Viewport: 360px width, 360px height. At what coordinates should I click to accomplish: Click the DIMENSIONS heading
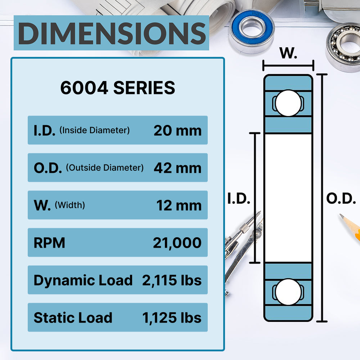(x=111, y=33)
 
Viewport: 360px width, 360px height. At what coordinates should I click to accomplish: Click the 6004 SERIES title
(x=118, y=88)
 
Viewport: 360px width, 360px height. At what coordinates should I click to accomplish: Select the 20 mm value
(x=177, y=130)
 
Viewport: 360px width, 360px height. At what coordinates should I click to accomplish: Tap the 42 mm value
(x=177, y=168)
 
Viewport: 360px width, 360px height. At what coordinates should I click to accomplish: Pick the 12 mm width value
(x=179, y=205)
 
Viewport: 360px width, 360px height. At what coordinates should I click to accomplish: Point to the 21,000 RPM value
(x=177, y=243)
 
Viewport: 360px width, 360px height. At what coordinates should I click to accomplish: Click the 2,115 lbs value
(x=172, y=280)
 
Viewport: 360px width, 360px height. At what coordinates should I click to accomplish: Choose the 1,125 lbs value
(x=172, y=318)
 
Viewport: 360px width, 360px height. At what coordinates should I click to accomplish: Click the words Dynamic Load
(x=83, y=280)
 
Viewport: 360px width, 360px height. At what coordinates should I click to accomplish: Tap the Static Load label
(x=73, y=318)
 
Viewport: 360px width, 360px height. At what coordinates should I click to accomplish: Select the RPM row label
(x=49, y=243)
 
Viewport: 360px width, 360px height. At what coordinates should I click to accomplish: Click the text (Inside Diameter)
(x=94, y=130)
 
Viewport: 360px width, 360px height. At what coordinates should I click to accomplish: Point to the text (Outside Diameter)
(x=105, y=168)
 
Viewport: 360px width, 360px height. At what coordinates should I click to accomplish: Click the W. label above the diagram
(x=288, y=54)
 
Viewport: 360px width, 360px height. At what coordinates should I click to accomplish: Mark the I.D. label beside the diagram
(x=239, y=199)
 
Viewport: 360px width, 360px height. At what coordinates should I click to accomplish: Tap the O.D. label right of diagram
(x=341, y=199)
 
